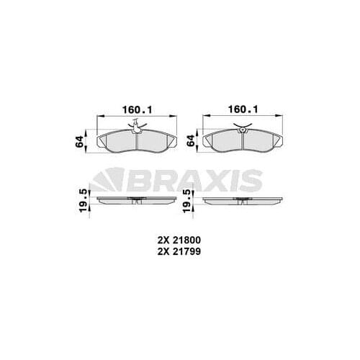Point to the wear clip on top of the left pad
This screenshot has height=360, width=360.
click(x=136, y=127)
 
